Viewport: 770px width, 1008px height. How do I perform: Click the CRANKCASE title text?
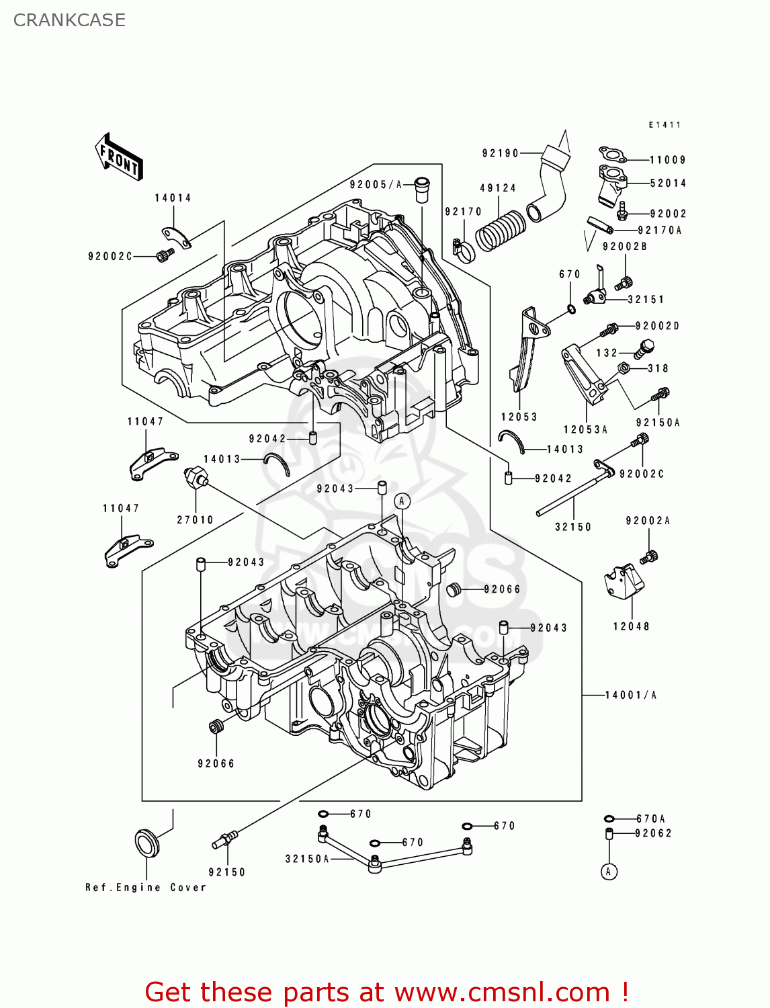69,20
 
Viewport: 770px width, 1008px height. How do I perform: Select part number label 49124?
498,188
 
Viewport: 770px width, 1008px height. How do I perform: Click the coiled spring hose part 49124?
501,230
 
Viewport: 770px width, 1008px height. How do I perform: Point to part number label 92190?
501,153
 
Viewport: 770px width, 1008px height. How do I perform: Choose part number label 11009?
667,160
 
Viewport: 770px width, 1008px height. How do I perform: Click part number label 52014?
668,183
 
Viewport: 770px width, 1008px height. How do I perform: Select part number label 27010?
195,519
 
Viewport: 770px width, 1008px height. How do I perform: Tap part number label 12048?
631,626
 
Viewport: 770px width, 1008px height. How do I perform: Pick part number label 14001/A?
631,695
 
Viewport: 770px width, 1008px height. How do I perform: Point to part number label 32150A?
307,859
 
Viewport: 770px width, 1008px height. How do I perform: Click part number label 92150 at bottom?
227,872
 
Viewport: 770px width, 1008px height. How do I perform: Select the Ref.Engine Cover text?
146,888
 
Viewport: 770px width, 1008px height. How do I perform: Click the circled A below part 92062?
609,872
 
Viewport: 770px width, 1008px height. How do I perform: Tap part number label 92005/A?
376,185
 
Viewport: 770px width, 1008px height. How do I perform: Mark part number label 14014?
173,198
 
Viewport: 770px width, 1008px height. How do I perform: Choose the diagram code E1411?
665,125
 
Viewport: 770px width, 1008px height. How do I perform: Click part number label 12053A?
585,429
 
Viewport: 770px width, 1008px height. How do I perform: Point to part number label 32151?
646,300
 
